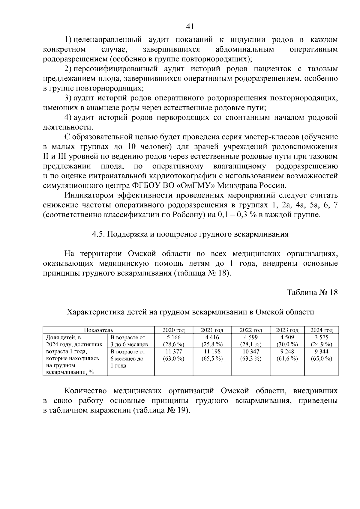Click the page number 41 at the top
coord(190,27)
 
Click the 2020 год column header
coord(173,330)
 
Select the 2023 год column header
coord(287,330)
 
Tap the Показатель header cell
coord(98,330)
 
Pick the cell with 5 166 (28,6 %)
coord(173,341)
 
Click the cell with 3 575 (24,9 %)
coord(321,341)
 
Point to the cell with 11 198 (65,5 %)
coord(212,355)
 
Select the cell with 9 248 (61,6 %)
coord(287,355)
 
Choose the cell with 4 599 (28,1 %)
coord(250,341)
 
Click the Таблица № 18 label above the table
coord(312,292)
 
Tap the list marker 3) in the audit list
coord(67,98)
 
